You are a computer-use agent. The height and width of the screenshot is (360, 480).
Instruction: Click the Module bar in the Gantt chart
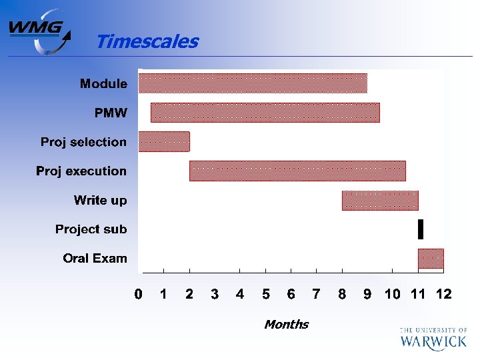253,83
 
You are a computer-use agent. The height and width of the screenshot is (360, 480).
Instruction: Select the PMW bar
265,113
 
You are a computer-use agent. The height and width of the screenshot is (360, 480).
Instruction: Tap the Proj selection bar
164,142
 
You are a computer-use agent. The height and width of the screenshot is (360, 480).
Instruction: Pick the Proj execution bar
297,171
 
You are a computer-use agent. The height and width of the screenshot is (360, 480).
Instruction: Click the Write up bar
380,200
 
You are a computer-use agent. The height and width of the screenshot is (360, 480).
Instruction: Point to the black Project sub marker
421,229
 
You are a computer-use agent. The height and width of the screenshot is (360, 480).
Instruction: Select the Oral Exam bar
431,258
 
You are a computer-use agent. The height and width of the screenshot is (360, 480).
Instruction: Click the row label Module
103,83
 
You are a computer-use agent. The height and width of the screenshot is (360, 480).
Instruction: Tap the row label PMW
111,113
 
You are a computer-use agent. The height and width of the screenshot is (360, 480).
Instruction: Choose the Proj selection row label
83,142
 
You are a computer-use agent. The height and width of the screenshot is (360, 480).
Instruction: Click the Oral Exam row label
95,258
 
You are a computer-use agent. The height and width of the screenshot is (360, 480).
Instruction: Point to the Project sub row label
91,229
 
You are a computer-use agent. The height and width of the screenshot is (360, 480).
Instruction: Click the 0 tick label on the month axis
138,294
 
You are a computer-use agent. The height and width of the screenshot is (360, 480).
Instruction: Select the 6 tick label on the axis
291,294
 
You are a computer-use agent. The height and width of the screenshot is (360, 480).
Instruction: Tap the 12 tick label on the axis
443,294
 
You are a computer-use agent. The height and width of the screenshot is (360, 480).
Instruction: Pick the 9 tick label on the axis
367,294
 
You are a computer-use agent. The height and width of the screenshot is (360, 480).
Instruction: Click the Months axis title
286,325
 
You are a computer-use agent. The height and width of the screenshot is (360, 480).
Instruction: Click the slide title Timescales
147,41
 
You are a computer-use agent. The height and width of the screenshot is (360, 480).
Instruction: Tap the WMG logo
39,31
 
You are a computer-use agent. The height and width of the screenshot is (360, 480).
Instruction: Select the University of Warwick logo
433,338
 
